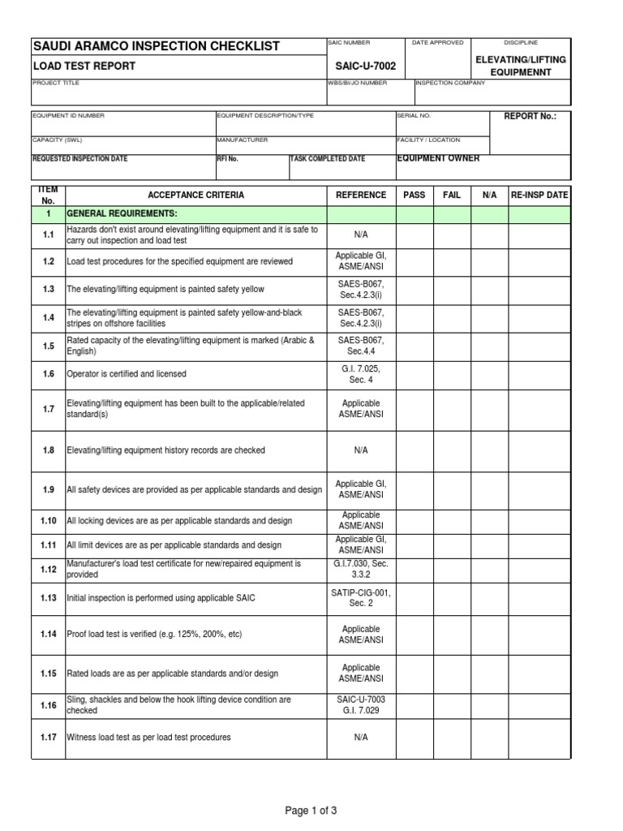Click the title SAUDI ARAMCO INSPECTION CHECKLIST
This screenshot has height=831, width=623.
tap(155, 46)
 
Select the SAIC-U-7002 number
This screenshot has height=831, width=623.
tap(361, 66)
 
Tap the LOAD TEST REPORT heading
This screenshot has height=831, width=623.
tap(84, 67)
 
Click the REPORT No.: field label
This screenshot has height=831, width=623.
tap(531, 117)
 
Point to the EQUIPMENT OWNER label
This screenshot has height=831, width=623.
tap(438, 158)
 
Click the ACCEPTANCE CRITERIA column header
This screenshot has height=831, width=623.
tap(195, 196)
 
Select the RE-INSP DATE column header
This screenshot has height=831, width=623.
tap(539, 196)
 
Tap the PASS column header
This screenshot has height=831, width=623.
tap(414, 196)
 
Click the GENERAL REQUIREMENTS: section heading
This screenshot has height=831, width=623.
tap(122, 213)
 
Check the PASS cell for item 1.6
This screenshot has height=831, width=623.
tap(414, 374)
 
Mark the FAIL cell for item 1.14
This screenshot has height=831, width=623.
tap(452, 635)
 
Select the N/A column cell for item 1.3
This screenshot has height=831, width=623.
tap(489, 290)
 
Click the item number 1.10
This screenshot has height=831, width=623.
tap(49, 521)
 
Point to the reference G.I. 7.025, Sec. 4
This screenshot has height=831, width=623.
tap(361, 374)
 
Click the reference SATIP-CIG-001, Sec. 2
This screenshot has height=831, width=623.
tap(361, 598)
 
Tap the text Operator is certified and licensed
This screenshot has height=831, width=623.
tap(127, 374)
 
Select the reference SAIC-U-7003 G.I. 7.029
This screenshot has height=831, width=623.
tap(361, 705)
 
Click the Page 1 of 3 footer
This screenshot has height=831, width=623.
tap(311, 810)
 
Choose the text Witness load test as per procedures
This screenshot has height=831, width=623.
tap(149, 738)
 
